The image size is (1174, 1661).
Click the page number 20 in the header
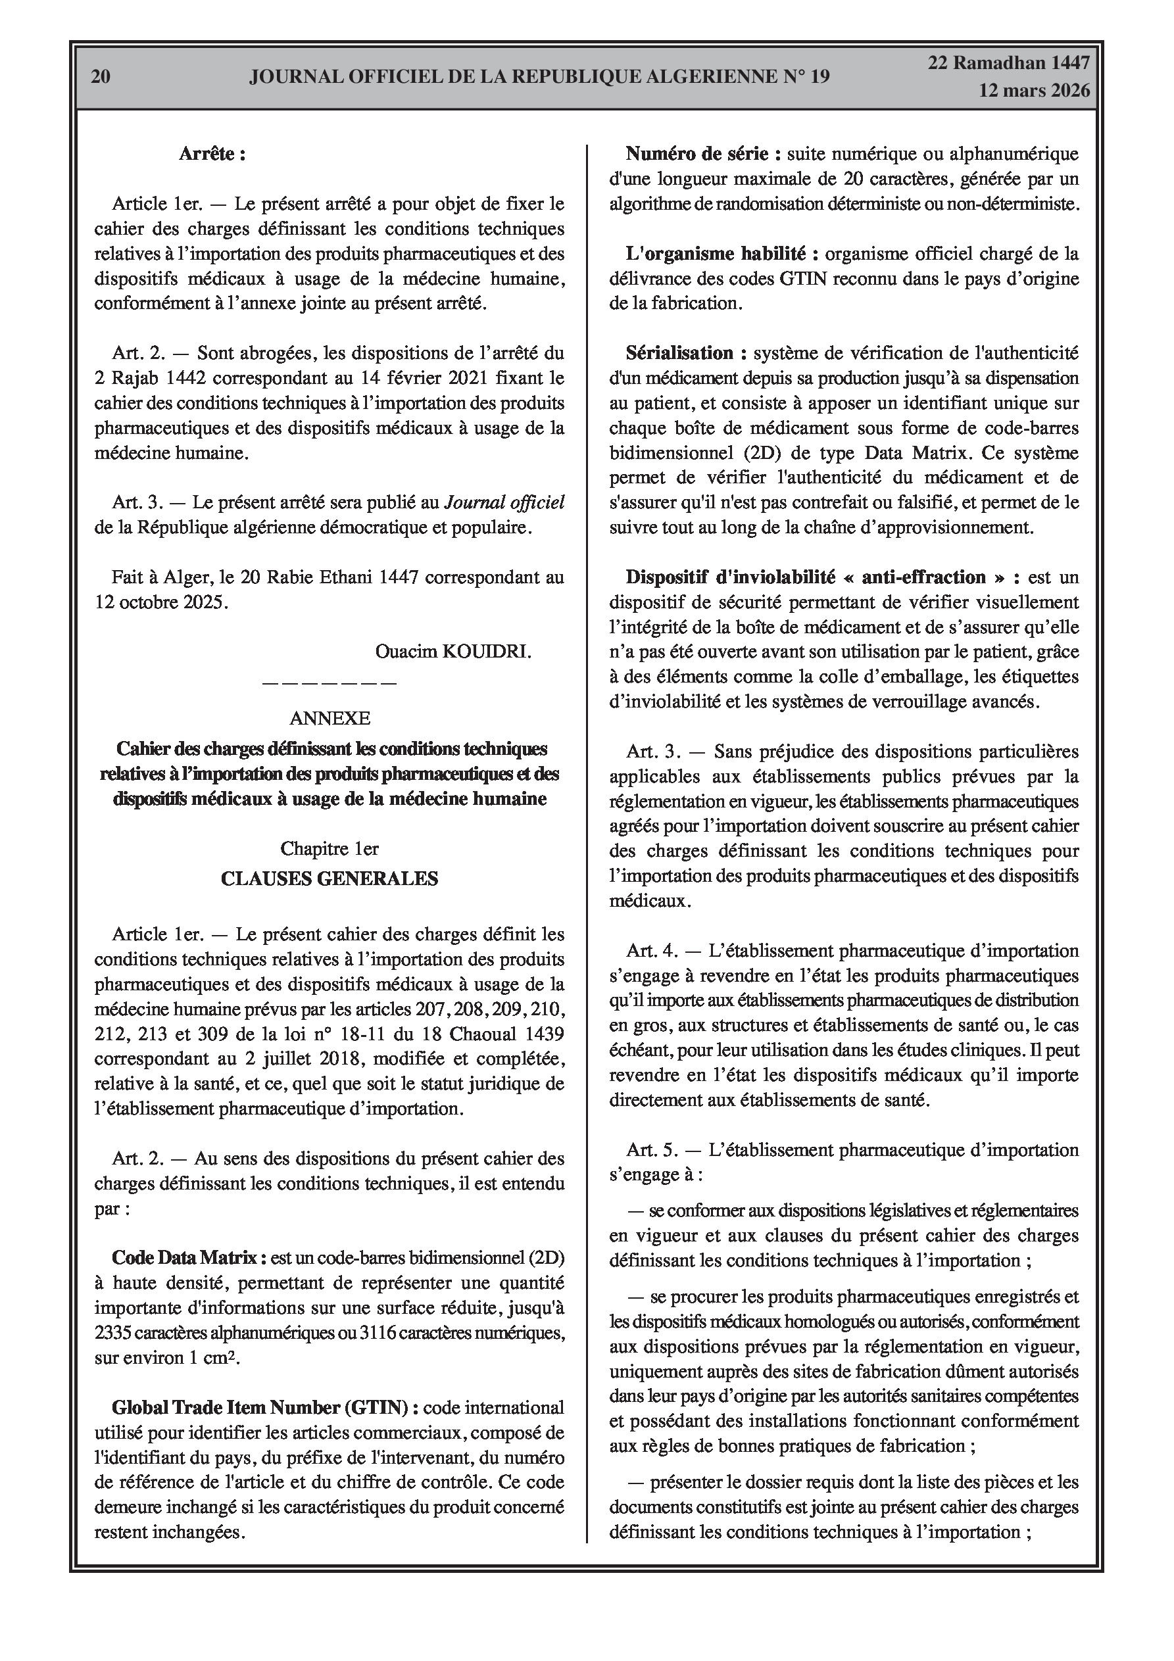[x=101, y=77]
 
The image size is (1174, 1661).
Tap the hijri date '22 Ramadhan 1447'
[x=1009, y=63]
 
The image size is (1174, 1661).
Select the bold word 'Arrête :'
[x=212, y=154]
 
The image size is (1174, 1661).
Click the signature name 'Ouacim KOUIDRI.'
[x=453, y=652]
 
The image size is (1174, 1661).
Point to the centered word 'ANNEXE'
[x=330, y=717]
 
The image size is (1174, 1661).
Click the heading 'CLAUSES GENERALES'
[x=330, y=879]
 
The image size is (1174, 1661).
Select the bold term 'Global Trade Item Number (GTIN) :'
[x=265, y=1408]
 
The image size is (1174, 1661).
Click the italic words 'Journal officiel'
[x=504, y=503]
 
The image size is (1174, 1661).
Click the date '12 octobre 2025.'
[x=161, y=602]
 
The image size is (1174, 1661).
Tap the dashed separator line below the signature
[x=330, y=682]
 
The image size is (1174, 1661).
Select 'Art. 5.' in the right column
[x=652, y=1150]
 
